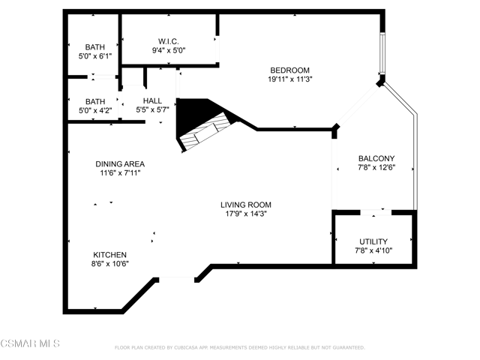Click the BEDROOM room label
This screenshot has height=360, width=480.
click(289, 70)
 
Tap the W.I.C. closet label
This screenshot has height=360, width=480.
click(168, 41)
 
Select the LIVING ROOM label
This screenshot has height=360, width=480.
click(246, 205)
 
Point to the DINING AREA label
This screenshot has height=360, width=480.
click(120, 164)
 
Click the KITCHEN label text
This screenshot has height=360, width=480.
click(110, 255)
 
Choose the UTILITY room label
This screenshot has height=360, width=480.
click(373, 241)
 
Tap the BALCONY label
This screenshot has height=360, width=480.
click(376, 158)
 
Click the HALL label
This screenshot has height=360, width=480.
click(152, 100)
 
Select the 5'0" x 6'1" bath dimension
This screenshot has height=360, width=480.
click(95, 56)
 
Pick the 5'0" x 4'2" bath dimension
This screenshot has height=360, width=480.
click(95, 110)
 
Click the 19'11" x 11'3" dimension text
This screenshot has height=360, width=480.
click(290, 79)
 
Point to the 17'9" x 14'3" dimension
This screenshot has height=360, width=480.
click(246, 214)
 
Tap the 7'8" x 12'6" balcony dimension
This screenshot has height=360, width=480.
click(376, 167)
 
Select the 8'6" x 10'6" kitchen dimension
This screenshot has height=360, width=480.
click(110, 264)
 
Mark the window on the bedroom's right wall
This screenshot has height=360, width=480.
click(382, 52)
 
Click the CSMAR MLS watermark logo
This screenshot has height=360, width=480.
click(30, 343)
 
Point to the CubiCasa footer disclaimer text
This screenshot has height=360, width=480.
click(240, 348)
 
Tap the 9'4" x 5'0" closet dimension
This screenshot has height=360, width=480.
click(169, 50)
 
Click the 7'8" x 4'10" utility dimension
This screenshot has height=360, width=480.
click(373, 250)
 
